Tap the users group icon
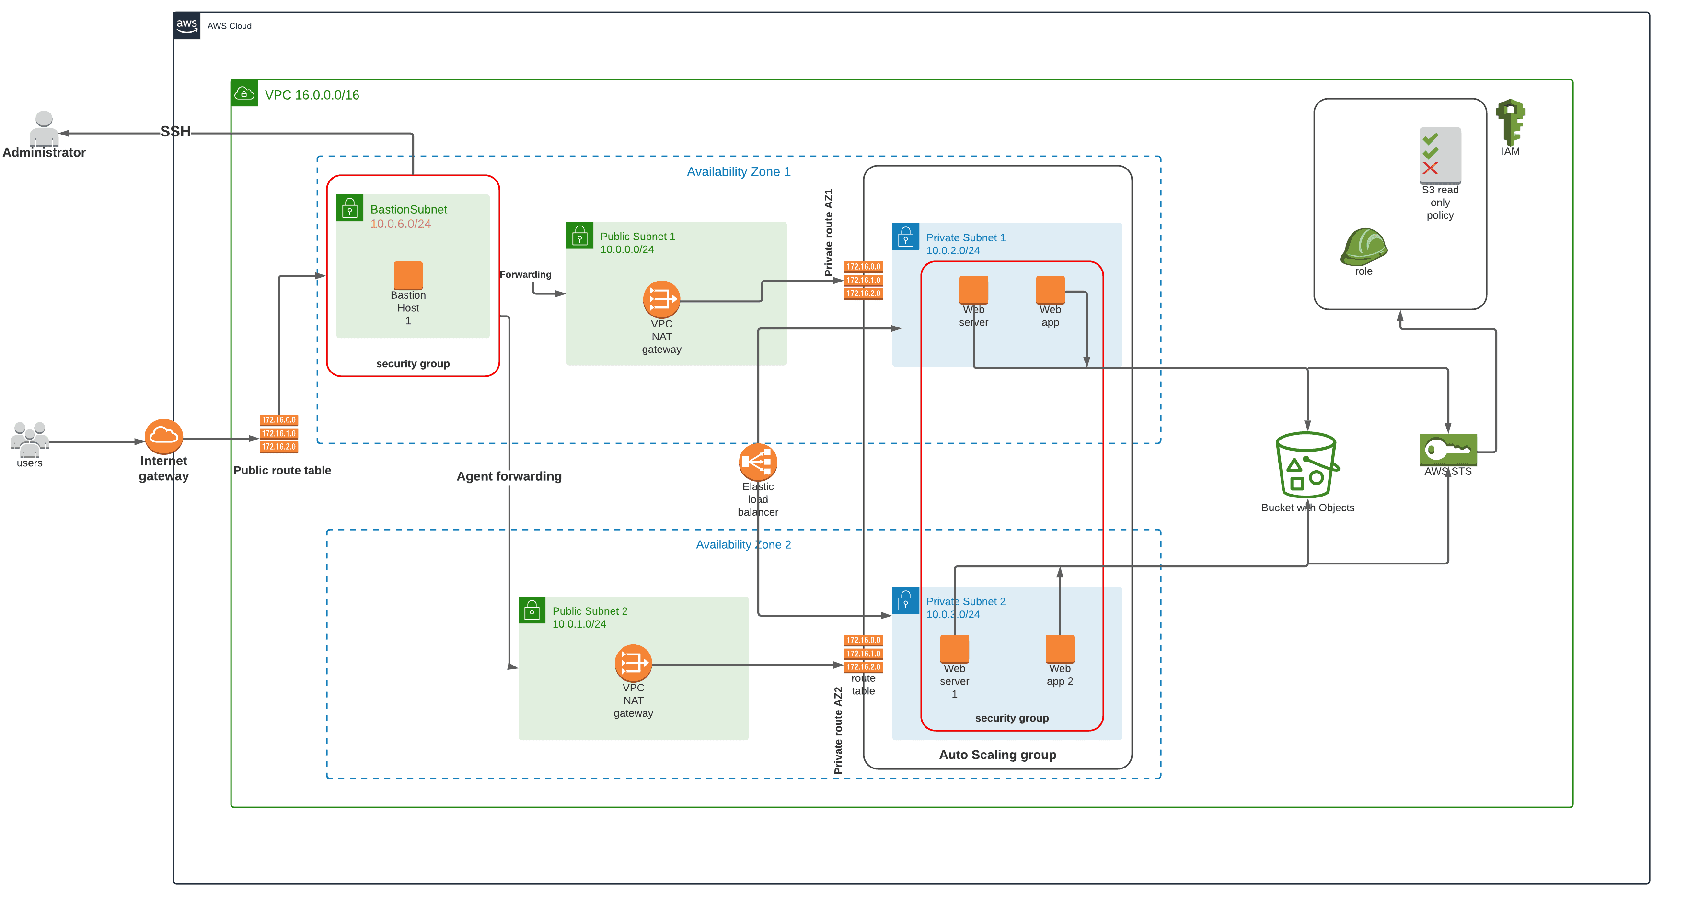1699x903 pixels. coord(30,438)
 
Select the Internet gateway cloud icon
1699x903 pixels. coord(163,436)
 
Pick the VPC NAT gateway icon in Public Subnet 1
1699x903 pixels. coord(661,300)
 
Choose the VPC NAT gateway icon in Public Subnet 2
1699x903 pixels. coord(633,663)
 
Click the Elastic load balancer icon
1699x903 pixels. coord(758,462)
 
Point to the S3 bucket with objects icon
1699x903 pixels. coord(1306,465)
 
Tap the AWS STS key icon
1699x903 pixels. coord(1448,450)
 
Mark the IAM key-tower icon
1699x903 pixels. coord(1510,122)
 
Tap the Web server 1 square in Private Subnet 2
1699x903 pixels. coord(954,649)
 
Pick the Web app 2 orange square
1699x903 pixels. coord(1059,649)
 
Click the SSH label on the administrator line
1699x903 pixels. coord(175,132)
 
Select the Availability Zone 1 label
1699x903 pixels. coord(738,172)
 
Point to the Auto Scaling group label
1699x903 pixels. coord(997,755)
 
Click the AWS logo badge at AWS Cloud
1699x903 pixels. coord(186,26)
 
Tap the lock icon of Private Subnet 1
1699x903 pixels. coord(905,237)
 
